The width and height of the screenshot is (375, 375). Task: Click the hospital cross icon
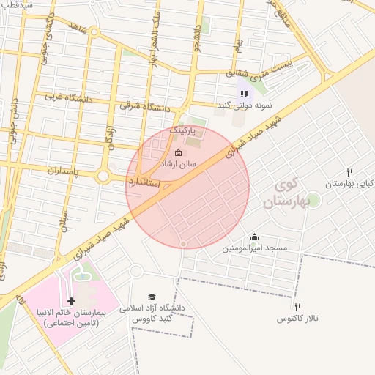71,301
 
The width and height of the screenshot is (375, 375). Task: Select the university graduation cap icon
152,297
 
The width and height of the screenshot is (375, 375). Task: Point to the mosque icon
254,237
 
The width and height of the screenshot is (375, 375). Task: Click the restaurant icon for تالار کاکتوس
297,307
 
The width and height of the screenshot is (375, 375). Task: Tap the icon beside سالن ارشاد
178,152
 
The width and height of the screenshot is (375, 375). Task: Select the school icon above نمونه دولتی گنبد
244,94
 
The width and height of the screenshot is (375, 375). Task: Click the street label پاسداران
53,170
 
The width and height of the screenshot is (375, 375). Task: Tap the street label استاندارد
144,180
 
